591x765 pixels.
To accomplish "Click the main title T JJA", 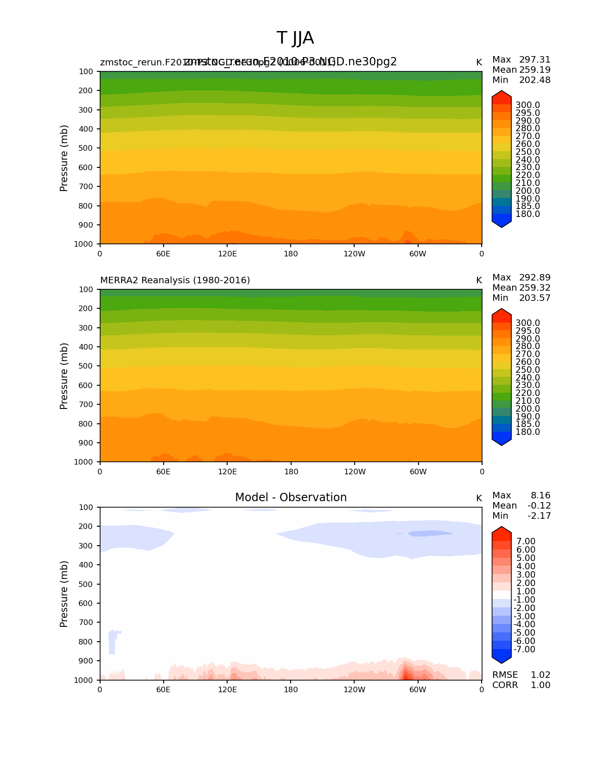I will (x=295, y=38).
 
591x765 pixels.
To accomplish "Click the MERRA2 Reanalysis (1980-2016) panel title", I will (x=175, y=280).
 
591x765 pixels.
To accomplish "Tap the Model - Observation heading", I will (x=291, y=497).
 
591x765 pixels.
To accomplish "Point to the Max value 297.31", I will (x=534, y=60).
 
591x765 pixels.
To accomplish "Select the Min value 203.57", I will (x=534, y=298).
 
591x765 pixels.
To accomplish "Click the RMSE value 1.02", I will (x=540, y=675).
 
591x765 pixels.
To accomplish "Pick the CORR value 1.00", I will (x=540, y=685).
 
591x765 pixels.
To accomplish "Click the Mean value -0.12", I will (x=539, y=506).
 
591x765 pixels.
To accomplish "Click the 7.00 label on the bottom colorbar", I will (x=526, y=542).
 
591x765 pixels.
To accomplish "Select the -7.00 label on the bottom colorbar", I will (x=524, y=650).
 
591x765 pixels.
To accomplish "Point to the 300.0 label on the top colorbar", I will (x=527, y=105).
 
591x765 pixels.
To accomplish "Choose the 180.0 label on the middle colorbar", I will (x=527, y=432).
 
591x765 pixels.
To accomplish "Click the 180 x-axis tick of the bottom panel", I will (x=291, y=689).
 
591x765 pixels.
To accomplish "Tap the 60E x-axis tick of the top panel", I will (x=163, y=254).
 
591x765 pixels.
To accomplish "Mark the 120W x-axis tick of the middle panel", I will (x=355, y=472).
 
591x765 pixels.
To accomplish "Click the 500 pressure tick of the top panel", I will (x=85, y=148).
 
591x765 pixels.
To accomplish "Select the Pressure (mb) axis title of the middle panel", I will (x=64, y=376).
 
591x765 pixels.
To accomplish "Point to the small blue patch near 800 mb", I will (x=112, y=642).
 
